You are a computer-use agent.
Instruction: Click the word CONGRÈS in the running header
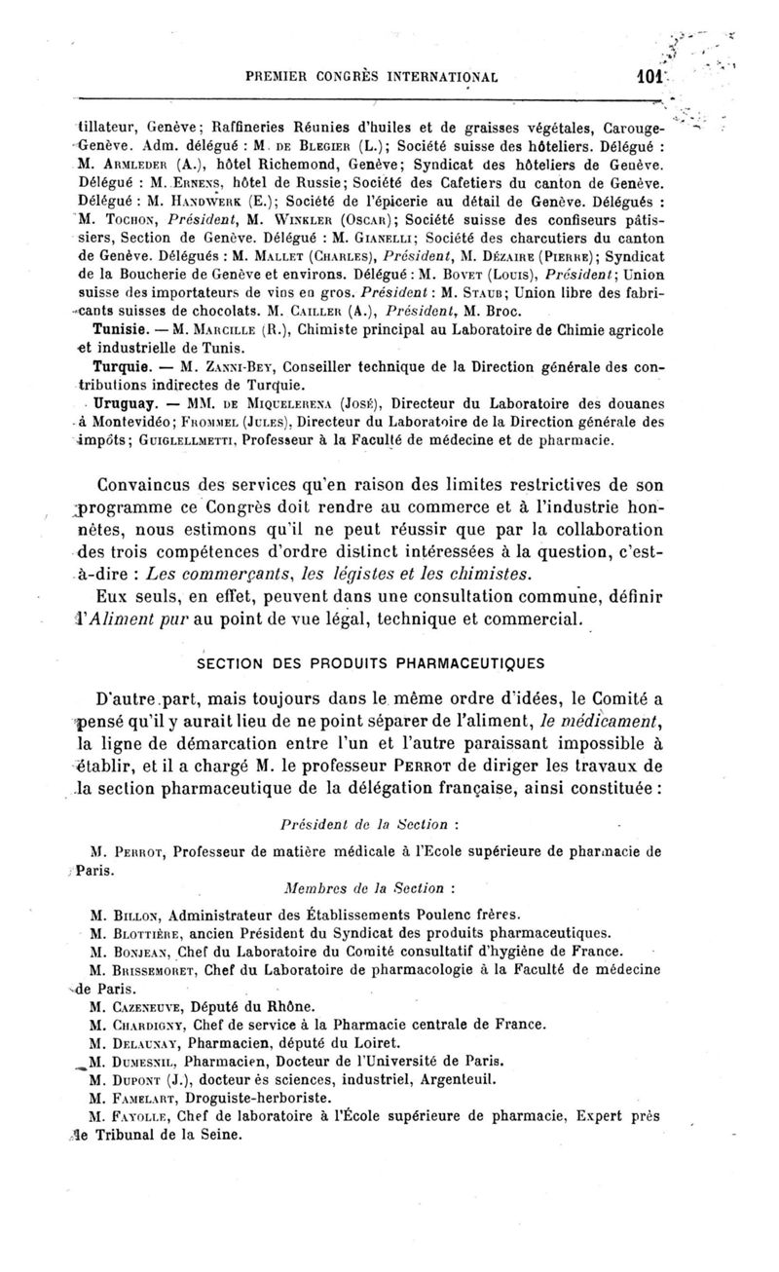pos(358,73)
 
